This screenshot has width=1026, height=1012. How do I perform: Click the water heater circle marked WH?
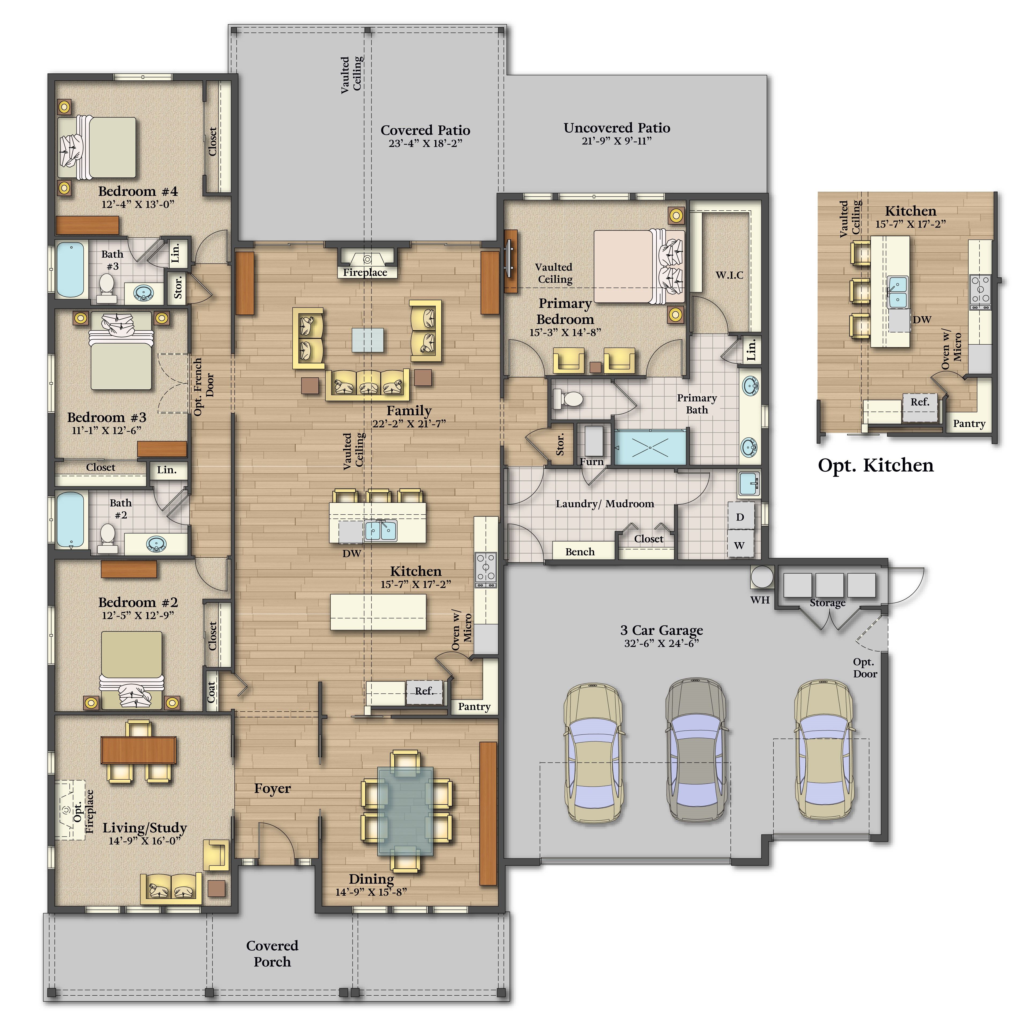[x=762, y=577]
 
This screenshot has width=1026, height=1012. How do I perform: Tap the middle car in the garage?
[x=696, y=750]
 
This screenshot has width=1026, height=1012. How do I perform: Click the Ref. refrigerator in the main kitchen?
[x=424, y=692]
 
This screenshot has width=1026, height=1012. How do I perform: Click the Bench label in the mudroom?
[x=580, y=552]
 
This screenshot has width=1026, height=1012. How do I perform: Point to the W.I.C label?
[x=729, y=275]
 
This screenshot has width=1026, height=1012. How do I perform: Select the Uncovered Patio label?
[x=617, y=128]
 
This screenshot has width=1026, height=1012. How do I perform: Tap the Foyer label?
[x=273, y=788]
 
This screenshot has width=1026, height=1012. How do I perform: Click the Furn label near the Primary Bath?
[x=592, y=462]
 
